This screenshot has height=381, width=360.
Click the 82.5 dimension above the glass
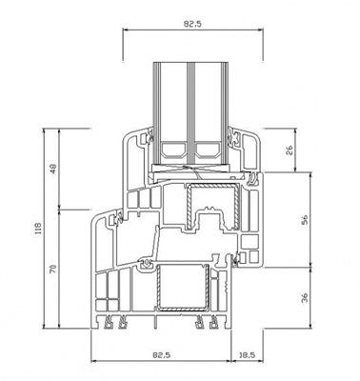[x=192, y=24]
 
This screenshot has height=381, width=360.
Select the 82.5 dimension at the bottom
[x=161, y=355]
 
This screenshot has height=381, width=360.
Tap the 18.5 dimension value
[x=247, y=355]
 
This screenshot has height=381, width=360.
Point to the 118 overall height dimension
[x=38, y=229]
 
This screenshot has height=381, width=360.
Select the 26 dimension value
[x=290, y=150]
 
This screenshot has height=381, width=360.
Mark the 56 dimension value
[x=304, y=220]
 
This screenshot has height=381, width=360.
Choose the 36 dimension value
[x=304, y=298]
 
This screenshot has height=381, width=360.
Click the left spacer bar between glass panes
[x=173, y=150]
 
